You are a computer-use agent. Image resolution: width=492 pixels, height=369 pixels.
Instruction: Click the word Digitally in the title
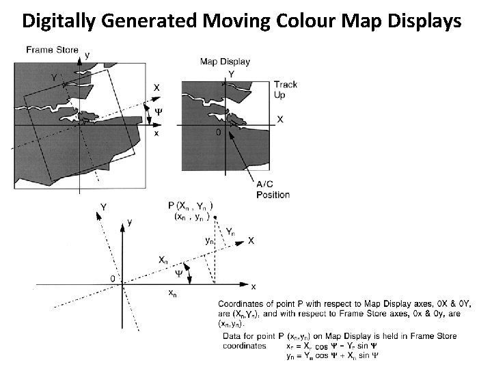[x=59, y=22]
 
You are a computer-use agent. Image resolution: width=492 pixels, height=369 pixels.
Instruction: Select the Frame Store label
[x=52, y=50]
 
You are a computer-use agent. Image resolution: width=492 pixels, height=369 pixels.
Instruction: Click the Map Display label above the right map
[x=225, y=61]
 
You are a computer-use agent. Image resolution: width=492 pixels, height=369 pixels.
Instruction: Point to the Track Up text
[x=285, y=90]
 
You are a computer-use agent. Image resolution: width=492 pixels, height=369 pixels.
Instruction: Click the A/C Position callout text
[x=273, y=190]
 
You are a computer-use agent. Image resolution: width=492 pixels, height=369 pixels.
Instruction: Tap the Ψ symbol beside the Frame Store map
[x=159, y=111]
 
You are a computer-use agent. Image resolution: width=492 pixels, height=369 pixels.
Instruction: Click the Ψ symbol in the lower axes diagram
[x=179, y=273]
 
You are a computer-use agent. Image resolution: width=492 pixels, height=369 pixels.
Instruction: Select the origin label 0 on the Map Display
[x=218, y=133]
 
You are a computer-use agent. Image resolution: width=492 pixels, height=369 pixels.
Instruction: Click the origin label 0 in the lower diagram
[x=112, y=279]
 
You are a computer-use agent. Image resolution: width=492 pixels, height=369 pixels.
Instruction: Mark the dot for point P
[x=215, y=217]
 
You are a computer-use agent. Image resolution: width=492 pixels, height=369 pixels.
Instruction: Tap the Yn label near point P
[x=231, y=232]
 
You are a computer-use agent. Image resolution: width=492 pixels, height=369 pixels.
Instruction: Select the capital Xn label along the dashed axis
[x=163, y=260]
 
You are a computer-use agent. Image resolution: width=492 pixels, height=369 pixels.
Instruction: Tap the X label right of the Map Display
[x=279, y=119]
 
